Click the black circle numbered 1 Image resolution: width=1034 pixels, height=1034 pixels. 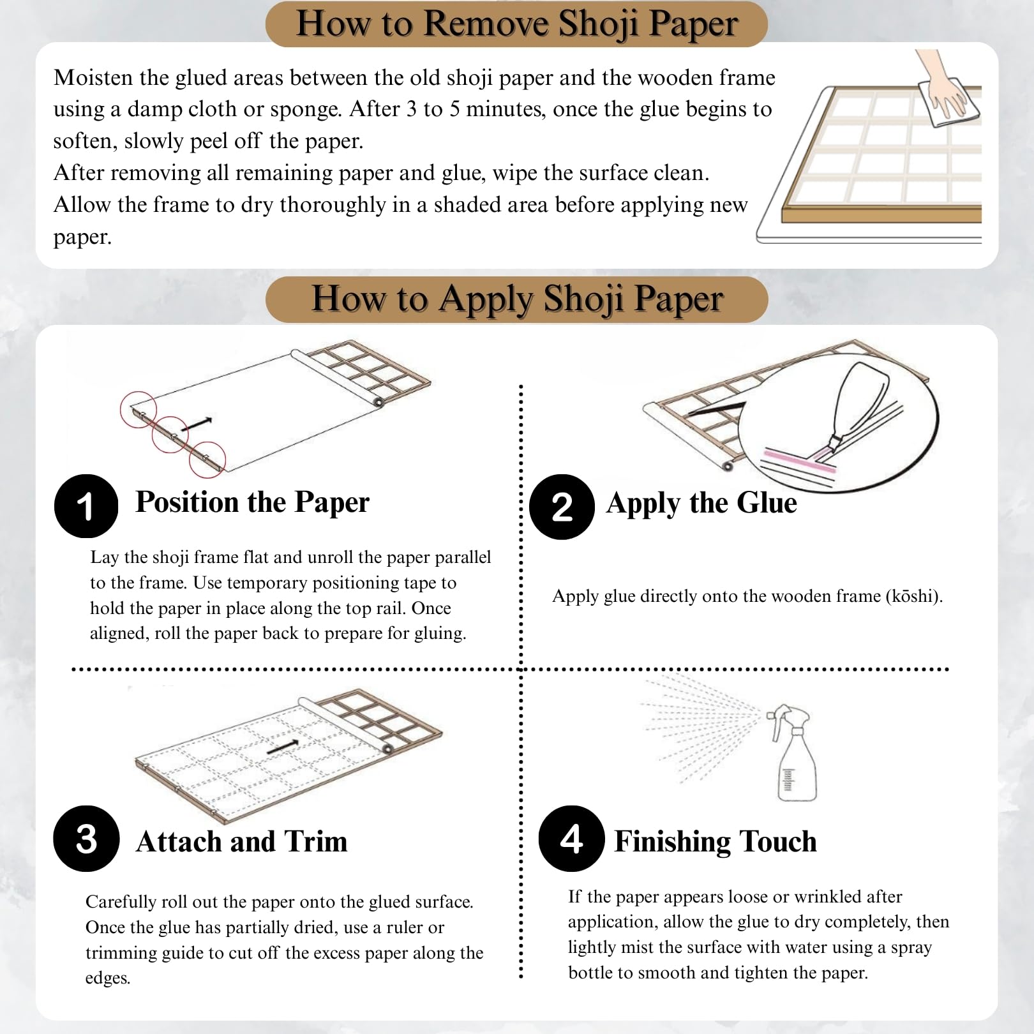[x=86, y=506]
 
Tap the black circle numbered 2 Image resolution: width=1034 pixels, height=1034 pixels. [x=562, y=507]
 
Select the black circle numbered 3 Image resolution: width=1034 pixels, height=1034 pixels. [x=86, y=839]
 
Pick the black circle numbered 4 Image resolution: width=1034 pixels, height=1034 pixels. [x=571, y=839]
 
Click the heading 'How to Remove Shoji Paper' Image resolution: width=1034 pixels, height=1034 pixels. [x=517, y=24]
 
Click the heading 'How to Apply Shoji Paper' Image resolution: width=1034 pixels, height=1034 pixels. [x=517, y=299]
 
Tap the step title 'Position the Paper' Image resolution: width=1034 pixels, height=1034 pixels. [x=253, y=502]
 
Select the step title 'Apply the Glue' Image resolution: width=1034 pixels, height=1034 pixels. [x=701, y=503]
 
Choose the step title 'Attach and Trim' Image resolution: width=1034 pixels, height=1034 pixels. [x=242, y=841]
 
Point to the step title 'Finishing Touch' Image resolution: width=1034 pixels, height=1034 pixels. [x=716, y=841]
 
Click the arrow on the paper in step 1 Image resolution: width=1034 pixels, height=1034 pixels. [x=200, y=423]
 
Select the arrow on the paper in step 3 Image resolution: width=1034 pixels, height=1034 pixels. [x=283, y=747]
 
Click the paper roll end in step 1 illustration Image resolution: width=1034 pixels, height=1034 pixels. [x=378, y=402]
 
